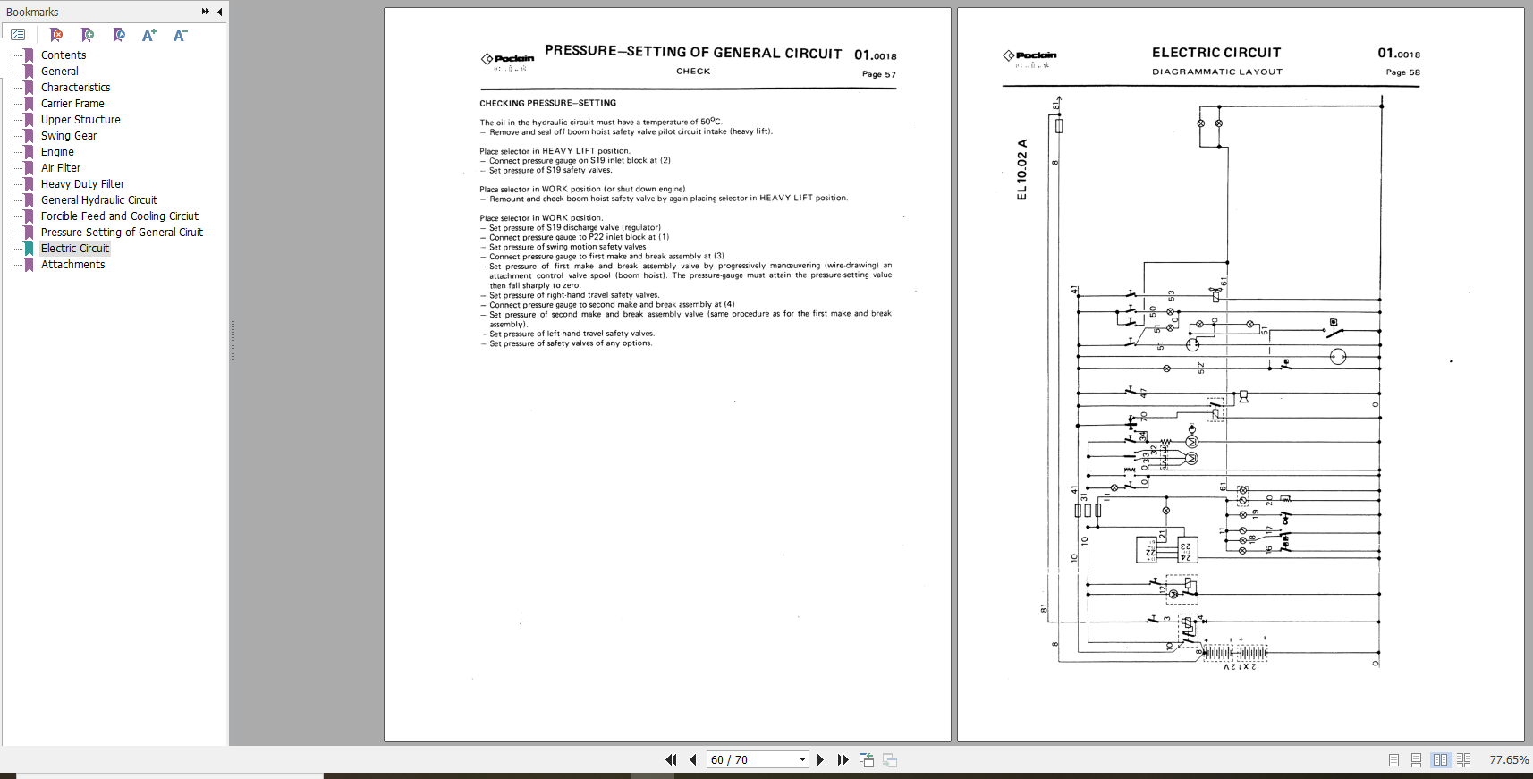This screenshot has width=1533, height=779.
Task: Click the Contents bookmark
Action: (63, 55)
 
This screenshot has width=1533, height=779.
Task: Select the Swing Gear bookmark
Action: (68, 136)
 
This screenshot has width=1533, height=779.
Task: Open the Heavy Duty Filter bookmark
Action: (82, 184)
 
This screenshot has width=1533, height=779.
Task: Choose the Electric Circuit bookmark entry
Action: (74, 249)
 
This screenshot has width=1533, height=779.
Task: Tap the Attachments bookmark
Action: (72, 265)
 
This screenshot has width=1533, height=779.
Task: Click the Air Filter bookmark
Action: (60, 168)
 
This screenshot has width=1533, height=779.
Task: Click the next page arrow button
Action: (820, 760)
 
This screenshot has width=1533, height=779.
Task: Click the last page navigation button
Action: (843, 760)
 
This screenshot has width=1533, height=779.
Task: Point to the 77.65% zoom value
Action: (1508, 760)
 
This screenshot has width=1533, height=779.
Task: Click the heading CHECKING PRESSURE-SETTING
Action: (547, 103)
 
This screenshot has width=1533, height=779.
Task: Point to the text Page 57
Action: (878, 74)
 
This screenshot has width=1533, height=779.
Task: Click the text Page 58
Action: (1402, 72)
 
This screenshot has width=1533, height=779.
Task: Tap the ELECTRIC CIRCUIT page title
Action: (1215, 53)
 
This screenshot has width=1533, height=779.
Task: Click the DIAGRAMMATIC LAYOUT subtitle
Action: (1216, 72)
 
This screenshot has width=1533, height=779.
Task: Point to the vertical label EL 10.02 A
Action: (1022, 169)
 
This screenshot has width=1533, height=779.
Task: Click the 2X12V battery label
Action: (1240, 666)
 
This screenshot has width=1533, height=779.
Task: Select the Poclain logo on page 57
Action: (507, 59)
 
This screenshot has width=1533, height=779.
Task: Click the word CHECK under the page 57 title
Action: (693, 72)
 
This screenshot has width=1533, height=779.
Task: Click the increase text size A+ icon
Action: (148, 35)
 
